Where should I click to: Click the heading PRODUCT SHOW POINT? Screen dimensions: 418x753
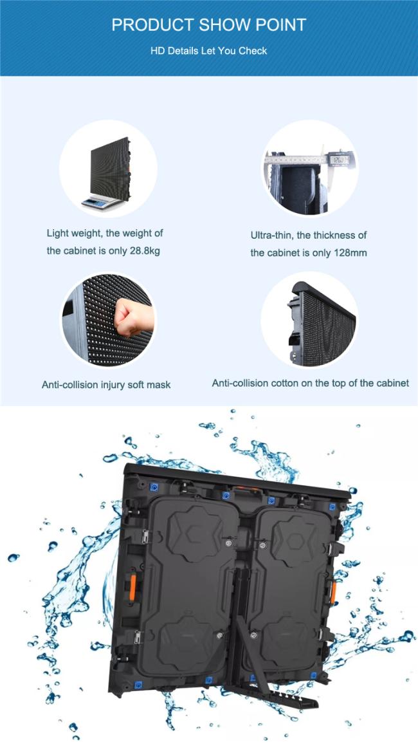click(x=209, y=25)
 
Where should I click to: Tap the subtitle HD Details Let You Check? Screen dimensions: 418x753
click(x=209, y=50)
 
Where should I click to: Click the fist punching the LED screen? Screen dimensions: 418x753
click(x=133, y=316)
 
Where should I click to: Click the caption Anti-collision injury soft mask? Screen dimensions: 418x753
click(x=106, y=385)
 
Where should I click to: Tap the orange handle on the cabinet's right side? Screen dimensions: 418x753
click(x=332, y=591)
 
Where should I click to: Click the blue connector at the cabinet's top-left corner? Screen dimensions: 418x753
click(x=154, y=488)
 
